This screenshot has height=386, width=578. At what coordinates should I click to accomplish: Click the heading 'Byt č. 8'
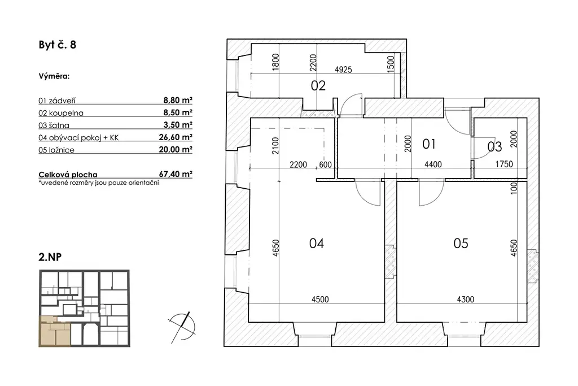pos(58,45)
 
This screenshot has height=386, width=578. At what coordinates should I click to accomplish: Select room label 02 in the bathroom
pos(318,85)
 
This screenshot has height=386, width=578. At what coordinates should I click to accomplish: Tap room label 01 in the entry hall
pos(429,144)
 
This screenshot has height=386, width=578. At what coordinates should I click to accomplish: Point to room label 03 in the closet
pos(494,147)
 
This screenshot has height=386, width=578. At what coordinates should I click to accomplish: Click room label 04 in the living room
pos(317,243)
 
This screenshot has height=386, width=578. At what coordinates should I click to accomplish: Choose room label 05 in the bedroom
pos(461,243)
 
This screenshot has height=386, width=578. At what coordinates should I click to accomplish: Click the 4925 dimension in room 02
pos(343,70)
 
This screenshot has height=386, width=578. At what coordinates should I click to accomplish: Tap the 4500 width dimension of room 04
pos(320,300)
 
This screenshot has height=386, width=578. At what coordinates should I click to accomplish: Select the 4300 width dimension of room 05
pos(466,300)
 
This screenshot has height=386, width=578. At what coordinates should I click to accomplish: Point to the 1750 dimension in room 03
pos(504,164)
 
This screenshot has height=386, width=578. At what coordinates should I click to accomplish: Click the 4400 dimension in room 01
pos(433,164)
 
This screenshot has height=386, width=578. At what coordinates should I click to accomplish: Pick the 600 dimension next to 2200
pos(325,164)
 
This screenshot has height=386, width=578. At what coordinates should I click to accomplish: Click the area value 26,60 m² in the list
pos(176,137)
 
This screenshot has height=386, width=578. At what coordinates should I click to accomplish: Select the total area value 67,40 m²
pos(176,174)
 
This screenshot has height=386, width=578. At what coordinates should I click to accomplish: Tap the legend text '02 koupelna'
pos(61,113)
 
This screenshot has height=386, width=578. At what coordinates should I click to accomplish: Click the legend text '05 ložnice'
pos(56,150)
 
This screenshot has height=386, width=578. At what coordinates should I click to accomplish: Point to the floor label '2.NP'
pos(50,257)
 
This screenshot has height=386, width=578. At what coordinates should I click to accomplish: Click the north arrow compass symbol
pos(181,327)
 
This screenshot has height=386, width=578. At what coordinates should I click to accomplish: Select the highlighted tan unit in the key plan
pos(55,332)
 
